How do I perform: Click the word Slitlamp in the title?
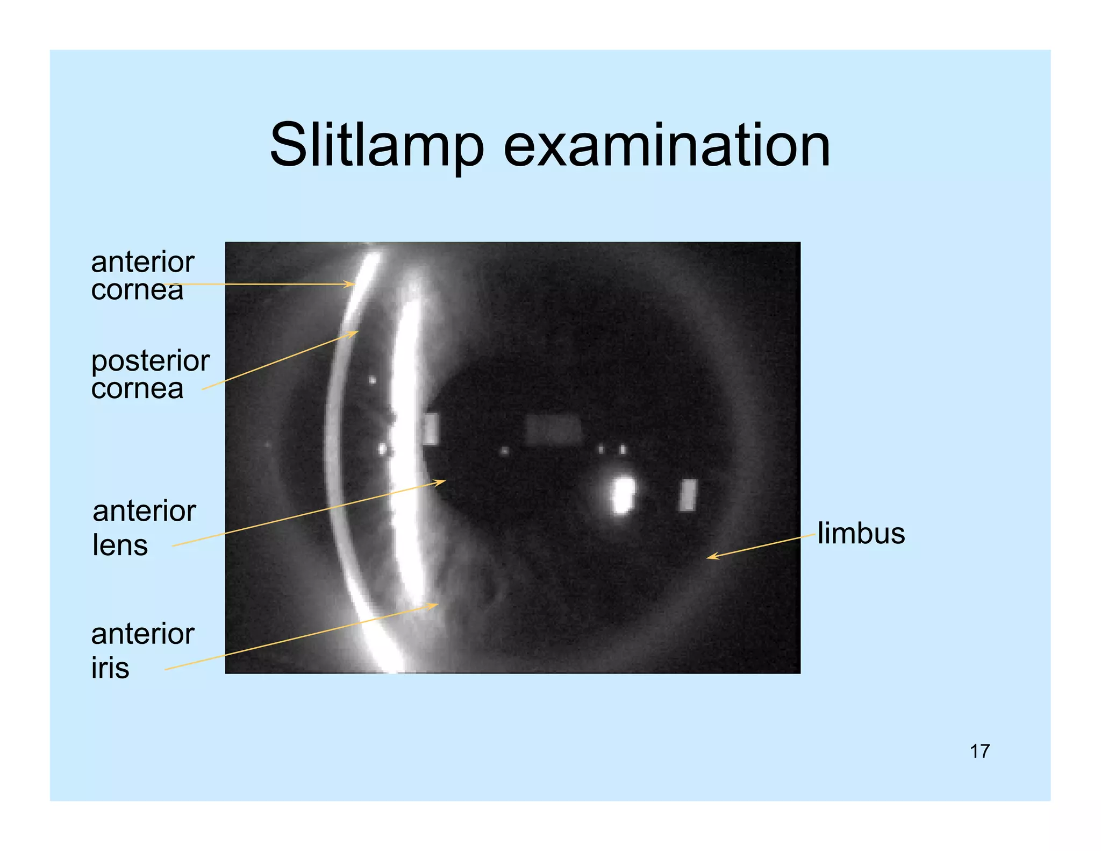tap(376, 145)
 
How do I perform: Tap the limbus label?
tap(861, 534)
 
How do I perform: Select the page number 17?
tap(980, 751)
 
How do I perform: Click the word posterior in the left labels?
tap(150, 361)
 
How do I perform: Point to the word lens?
tap(120, 545)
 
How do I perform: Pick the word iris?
tap(110, 668)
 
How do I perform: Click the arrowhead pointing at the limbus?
tap(710, 557)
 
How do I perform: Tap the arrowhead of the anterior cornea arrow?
tap(352, 284)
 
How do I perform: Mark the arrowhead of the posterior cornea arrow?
tap(355, 333)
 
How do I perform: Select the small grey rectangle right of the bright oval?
tap(688, 495)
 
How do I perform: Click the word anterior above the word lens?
tap(144, 511)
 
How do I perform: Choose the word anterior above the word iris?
tap(142, 634)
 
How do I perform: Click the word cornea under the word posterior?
tap(137, 388)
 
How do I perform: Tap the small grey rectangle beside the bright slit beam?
tap(430, 429)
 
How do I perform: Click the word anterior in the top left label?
tap(142, 263)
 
